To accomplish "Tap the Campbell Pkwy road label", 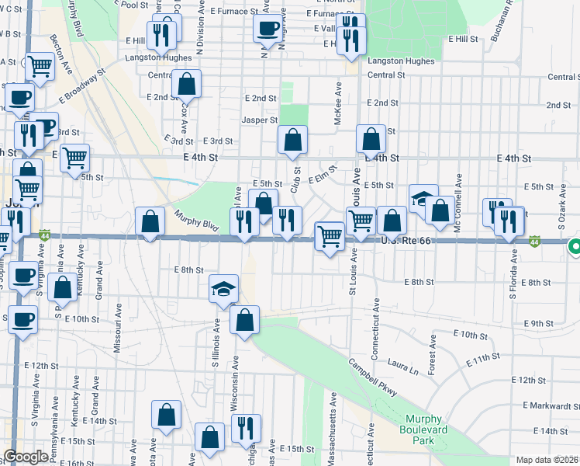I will (x=372, y=377).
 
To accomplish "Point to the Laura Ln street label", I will (x=402, y=367).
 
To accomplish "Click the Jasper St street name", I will (x=259, y=120).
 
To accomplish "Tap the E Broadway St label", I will (x=81, y=89).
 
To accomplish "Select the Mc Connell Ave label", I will (x=459, y=193).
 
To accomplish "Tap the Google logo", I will (x=26, y=457).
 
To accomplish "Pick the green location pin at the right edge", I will (x=575, y=247).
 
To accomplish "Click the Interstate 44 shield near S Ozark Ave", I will (x=536, y=242).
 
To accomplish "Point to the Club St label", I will (x=295, y=178).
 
